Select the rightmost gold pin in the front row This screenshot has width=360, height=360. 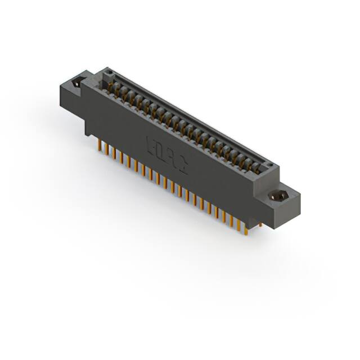[246, 227]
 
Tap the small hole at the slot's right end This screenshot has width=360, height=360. [269, 165]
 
